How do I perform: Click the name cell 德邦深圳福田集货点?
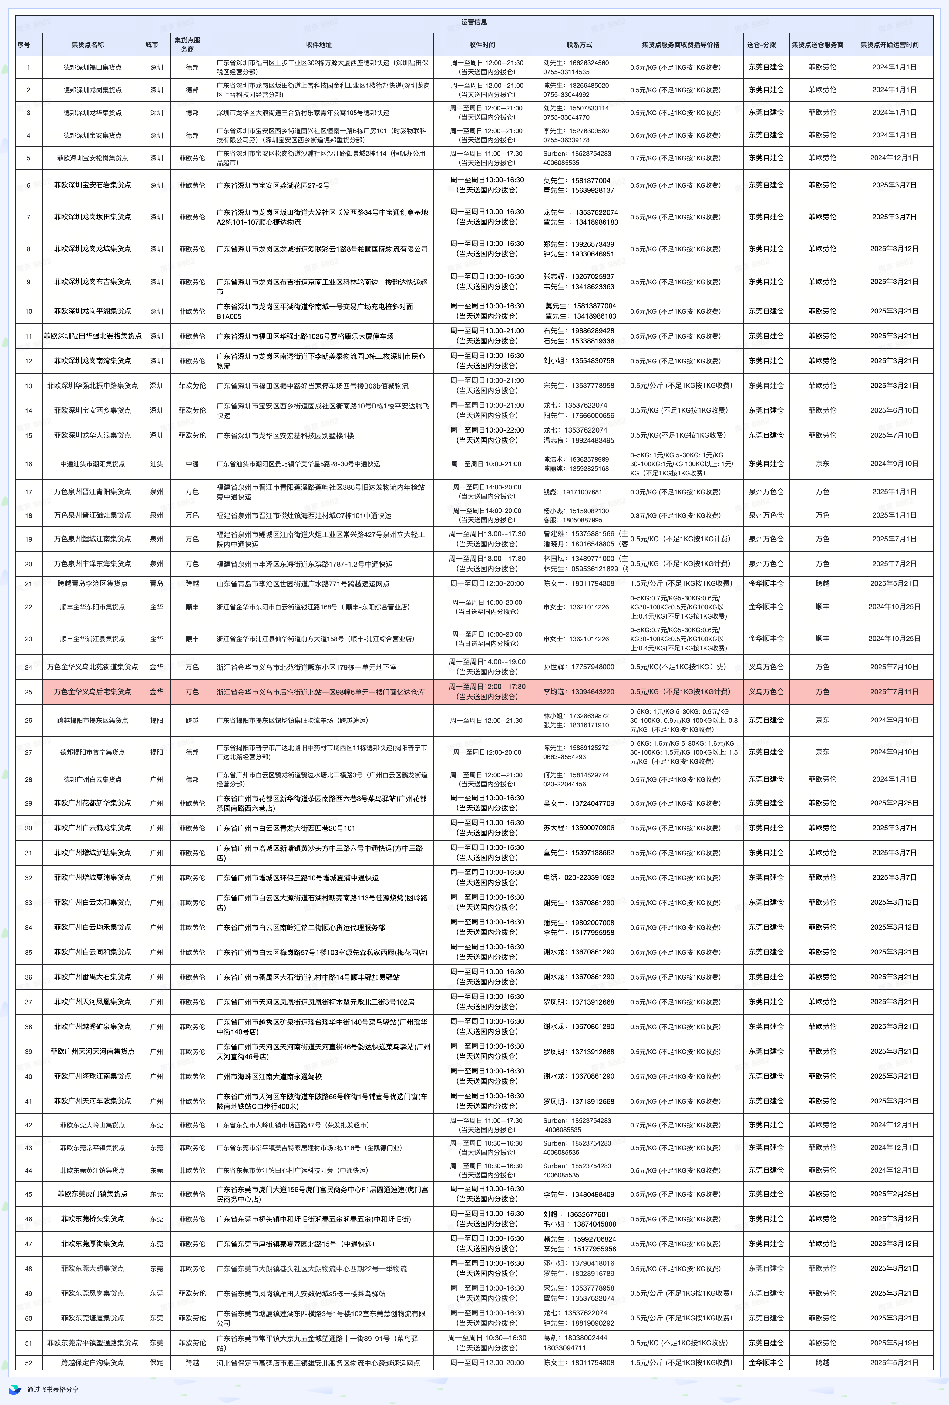93,67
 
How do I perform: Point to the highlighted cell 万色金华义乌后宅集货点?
93,692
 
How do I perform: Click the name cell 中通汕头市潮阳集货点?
93,464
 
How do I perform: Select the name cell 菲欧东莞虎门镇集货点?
93,1194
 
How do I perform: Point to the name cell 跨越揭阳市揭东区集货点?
93,721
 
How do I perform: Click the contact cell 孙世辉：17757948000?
578,667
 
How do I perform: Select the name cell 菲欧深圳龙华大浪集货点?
93,435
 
